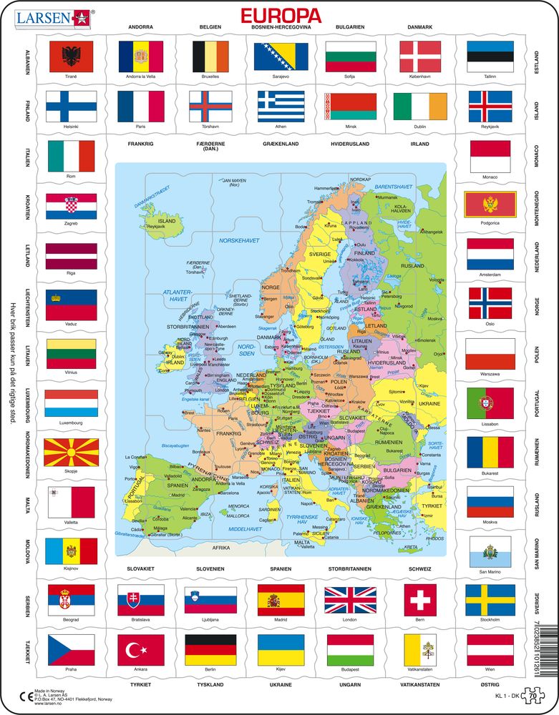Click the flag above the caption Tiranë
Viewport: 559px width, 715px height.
pos(70,56)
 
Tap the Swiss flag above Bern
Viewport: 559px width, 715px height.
pos(420,599)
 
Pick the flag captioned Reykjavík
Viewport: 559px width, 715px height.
pos(490,106)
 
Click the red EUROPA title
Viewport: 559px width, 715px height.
pos(280,15)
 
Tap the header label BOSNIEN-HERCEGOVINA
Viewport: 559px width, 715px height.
pos(281,27)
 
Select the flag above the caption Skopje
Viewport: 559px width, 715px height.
pos(70,453)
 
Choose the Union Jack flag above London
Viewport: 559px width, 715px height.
pos(350,600)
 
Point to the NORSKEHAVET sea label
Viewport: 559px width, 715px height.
pos(239,240)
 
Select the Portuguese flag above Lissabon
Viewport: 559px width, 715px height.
pos(490,403)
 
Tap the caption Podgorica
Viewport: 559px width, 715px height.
pos(490,225)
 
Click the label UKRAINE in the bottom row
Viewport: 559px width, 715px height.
pos(281,684)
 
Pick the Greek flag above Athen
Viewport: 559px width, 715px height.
pos(281,106)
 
